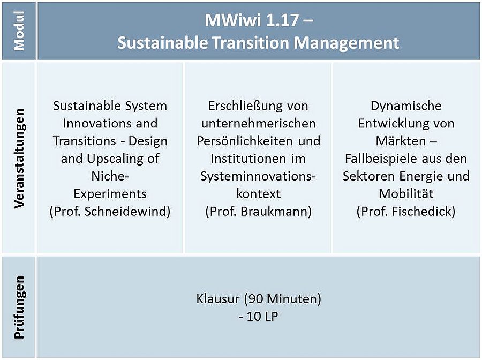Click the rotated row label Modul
19,31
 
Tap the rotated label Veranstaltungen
19,159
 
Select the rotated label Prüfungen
19,307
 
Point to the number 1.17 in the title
282,20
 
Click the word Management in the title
347,43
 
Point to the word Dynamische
406,106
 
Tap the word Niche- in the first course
110,176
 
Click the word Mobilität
406,194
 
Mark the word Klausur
217,299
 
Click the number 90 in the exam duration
255,299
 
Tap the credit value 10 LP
262,317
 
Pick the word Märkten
401,141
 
